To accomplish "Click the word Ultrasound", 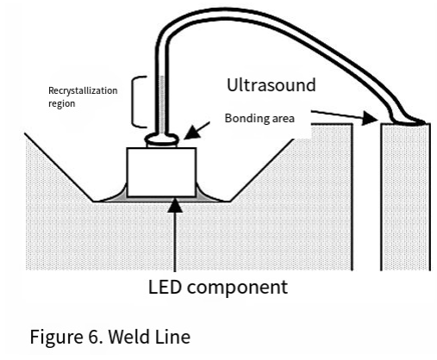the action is (272, 85).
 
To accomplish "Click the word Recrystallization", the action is (83, 91).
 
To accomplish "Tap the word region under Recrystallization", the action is (62, 103).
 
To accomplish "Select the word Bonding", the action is (246, 118).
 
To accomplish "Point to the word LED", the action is (165, 287).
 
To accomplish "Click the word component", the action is (237, 288).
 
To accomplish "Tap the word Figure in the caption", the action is (56, 337).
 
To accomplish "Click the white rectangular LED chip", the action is (161, 172).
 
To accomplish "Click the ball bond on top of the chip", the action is (162, 140).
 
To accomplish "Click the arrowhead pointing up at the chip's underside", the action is (175, 205).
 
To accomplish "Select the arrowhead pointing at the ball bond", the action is (190, 133).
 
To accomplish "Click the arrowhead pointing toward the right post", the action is (370, 118).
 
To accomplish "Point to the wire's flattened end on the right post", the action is (411, 122).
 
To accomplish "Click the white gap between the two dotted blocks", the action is (366, 198).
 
